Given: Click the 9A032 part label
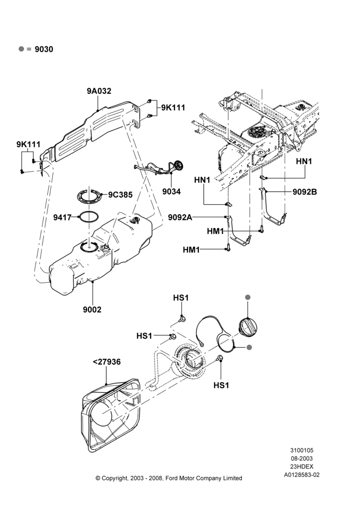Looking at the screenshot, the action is [x=99, y=91].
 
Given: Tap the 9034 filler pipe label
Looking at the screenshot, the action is [x=171, y=192].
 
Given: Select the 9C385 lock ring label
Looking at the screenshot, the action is [x=121, y=195].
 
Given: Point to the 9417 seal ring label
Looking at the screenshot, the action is [x=62, y=217].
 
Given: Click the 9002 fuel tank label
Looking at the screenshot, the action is [x=92, y=310].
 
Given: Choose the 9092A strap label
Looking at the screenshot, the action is [x=180, y=217].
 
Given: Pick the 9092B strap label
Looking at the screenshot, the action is [x=305, y=192].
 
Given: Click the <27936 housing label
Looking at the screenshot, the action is [x=107, y=362].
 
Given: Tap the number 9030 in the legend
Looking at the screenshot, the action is [x=44, y=49].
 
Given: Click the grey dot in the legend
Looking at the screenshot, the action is [x=21, y=49].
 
